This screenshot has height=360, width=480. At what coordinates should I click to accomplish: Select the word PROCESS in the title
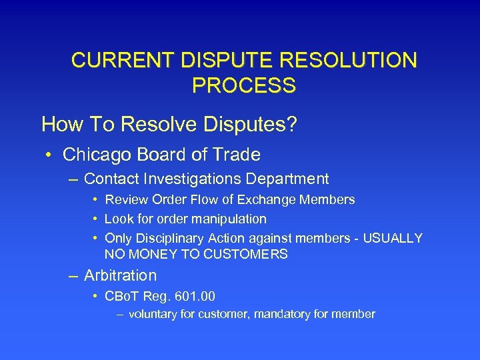243,86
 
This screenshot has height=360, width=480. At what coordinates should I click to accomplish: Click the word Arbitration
120,275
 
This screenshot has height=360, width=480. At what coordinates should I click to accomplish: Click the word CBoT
123,296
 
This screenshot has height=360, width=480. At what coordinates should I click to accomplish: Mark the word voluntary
153,313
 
